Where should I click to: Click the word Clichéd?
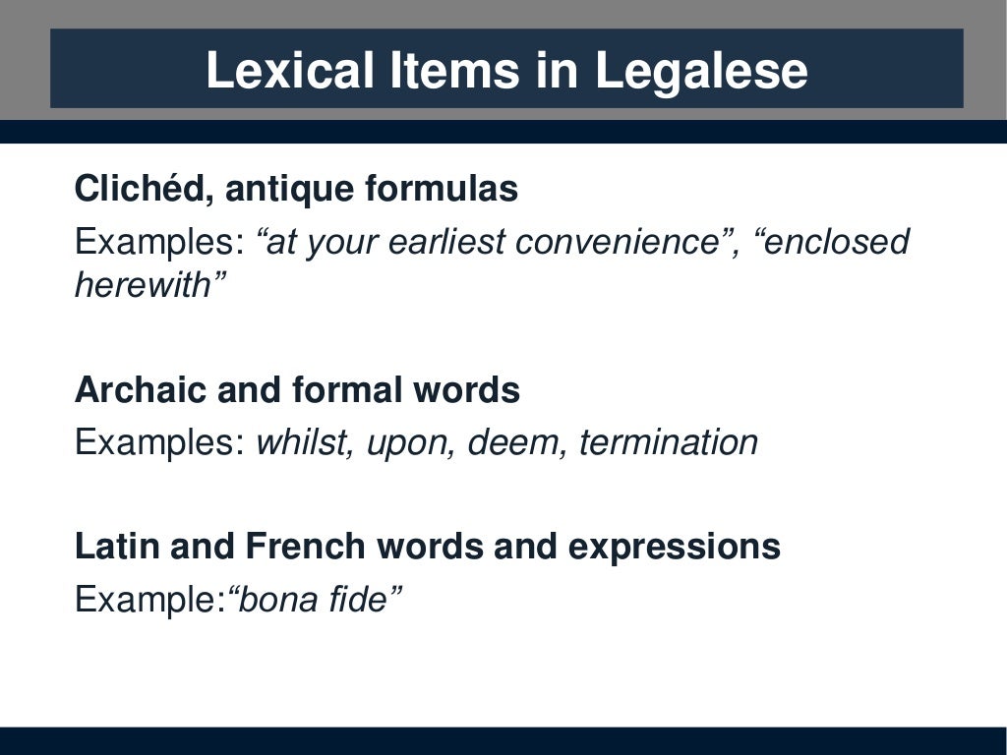pyautogui.click(x=140, y=189)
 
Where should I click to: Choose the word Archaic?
pyautogui.click(x=140, y=390)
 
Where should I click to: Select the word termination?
pyautogui.click(x=669, y=442)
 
